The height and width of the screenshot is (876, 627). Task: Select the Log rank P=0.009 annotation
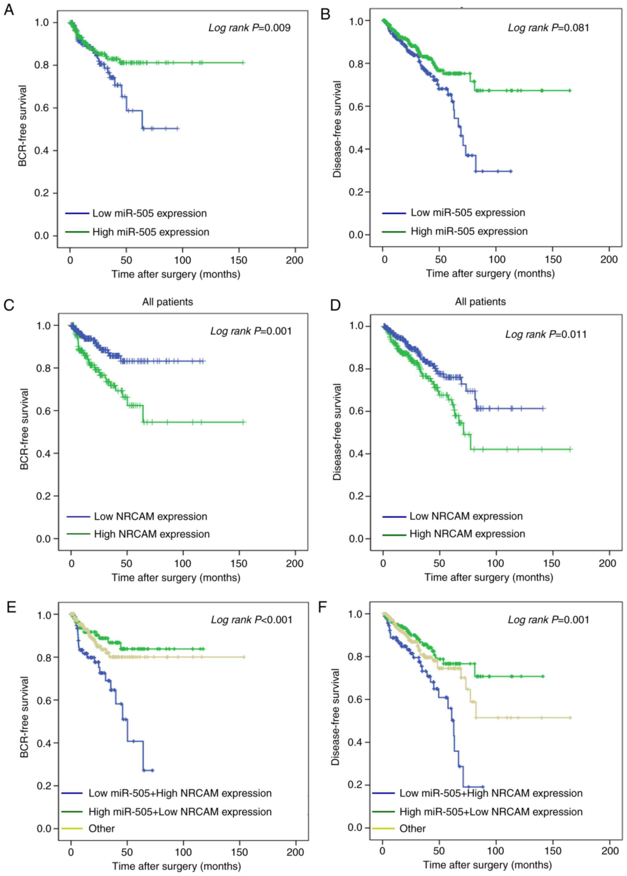click(x=249, y=28)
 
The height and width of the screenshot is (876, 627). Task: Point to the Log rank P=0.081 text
click(x=548, y=28)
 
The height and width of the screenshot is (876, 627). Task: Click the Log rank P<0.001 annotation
click(x=252, y=620)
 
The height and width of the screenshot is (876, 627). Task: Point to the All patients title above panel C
click(x=168, y=302)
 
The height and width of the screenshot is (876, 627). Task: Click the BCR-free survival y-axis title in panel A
click(x=23, y=126)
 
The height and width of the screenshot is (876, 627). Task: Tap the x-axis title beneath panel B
click(x=490, y=274)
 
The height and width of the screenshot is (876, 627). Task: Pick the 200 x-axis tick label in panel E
click(x=295, y=852)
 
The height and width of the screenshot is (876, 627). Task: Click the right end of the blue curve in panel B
click(x=511, y=171)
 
